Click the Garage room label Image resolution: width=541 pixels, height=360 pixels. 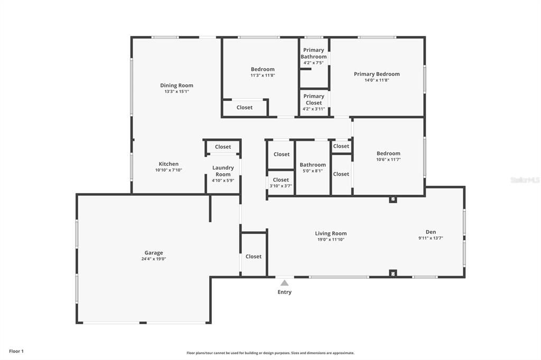pyautogui.click(x=154, y=253)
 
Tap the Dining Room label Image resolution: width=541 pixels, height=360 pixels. pyautogui.click(x=176, y=86)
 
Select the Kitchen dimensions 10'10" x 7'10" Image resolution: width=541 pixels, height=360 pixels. pyautogui.click(x=169, y=170)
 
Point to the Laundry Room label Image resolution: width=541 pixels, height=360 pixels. pyautogui.click(x=223, y=171)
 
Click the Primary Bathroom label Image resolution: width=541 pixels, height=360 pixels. pyautogui.click(x=313, y=53)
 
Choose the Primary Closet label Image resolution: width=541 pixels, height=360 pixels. pyautogui.click(x=313, y=99)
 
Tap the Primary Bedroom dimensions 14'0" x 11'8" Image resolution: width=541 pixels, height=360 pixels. pyautogui.click(x=377, y=80)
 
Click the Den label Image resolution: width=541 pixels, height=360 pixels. pyautogui.click(x=431, y=232)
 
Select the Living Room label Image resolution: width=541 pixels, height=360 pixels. pyautogui.click(x=331, y=233)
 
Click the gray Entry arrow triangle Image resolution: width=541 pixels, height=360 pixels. pyautogui.click(x=284, y=283)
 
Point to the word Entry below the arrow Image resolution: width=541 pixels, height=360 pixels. pyautogui.click(x=284, y=292)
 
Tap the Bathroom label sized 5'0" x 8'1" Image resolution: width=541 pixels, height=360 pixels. pyautogui.click(x=313, y=165)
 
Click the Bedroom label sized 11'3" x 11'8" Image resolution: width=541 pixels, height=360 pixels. pyautogui.click(x=263, y=69)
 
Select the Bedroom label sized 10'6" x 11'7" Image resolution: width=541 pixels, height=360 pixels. pyautogui.click(x=388, y=154)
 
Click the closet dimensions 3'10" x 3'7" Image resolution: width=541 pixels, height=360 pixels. pyautogui.click(x=281, y=186)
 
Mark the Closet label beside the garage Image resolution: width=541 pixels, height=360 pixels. pyautogui.click(x=254, y=257)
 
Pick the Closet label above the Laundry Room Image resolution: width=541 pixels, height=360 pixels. pyautogui.click(x=223, y=147)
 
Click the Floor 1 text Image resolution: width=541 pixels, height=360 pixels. pyautogui.click(x=16, y=351)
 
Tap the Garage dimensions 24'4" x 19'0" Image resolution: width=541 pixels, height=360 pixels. pyautogui.click(x=154, y=259)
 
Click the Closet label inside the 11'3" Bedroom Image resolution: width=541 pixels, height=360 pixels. pyautogui.click(x=245, y=107)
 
